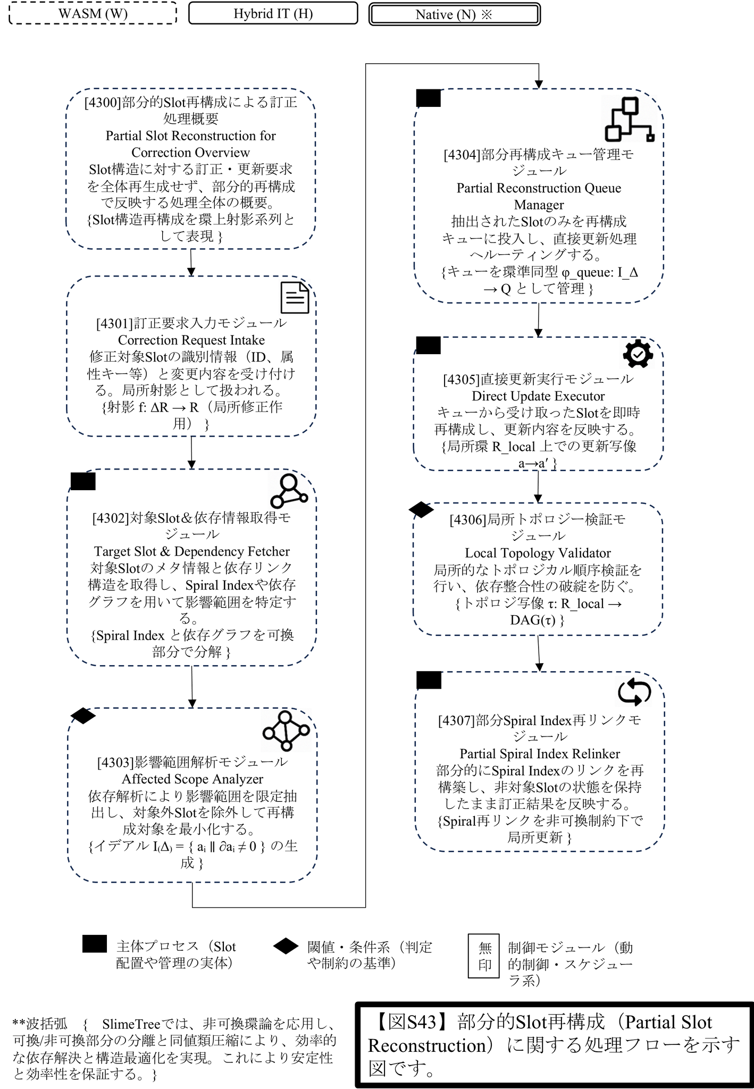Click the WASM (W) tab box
(93, 13)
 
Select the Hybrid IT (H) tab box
(273, 13)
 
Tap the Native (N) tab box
(455, 14)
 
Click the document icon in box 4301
(295, 298)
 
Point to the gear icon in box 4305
(638, 354)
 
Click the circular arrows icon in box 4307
(634, 692)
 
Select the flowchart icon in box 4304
(630, 120)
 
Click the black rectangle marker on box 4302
(83, 481)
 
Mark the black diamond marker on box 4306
(421, 510)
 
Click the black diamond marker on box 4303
(83, 716)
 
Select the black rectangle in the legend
(95, 944)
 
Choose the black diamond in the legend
(286, 946)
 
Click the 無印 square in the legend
(483, 956)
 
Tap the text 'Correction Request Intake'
(191, 340)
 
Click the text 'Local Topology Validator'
(538, 553)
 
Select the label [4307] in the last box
(456, 721)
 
